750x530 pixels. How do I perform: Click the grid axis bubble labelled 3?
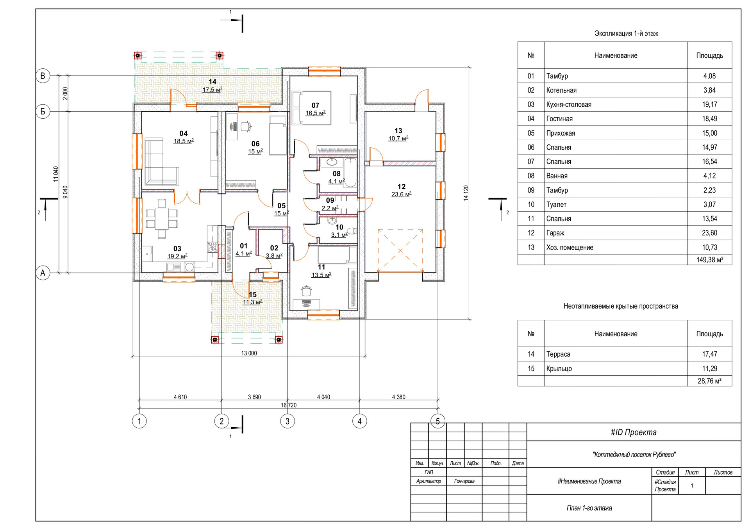click(287, 421)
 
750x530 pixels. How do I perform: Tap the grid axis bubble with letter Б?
click(43, 112)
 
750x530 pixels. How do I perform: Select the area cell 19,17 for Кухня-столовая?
click(709, 104)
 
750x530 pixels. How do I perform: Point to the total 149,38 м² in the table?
click(709, 260)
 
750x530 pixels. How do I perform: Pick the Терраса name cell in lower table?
click(616, 354)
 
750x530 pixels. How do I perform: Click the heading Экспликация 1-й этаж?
click(626, 34)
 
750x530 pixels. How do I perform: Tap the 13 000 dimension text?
click(249, 353)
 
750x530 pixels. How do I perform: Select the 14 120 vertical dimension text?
click(466, 193)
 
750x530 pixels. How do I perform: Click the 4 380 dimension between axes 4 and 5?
click(398, 397)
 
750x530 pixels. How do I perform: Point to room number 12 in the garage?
click(402, 187)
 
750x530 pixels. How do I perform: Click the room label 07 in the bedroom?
click(315, 105)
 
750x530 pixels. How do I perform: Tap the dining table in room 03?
click(162, 218)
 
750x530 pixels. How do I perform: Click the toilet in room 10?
click(352, 231)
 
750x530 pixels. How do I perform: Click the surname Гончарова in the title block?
click(464, 481)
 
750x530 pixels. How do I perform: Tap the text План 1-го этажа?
click(589, 508)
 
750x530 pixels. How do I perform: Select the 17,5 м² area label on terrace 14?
click(212, 90)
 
